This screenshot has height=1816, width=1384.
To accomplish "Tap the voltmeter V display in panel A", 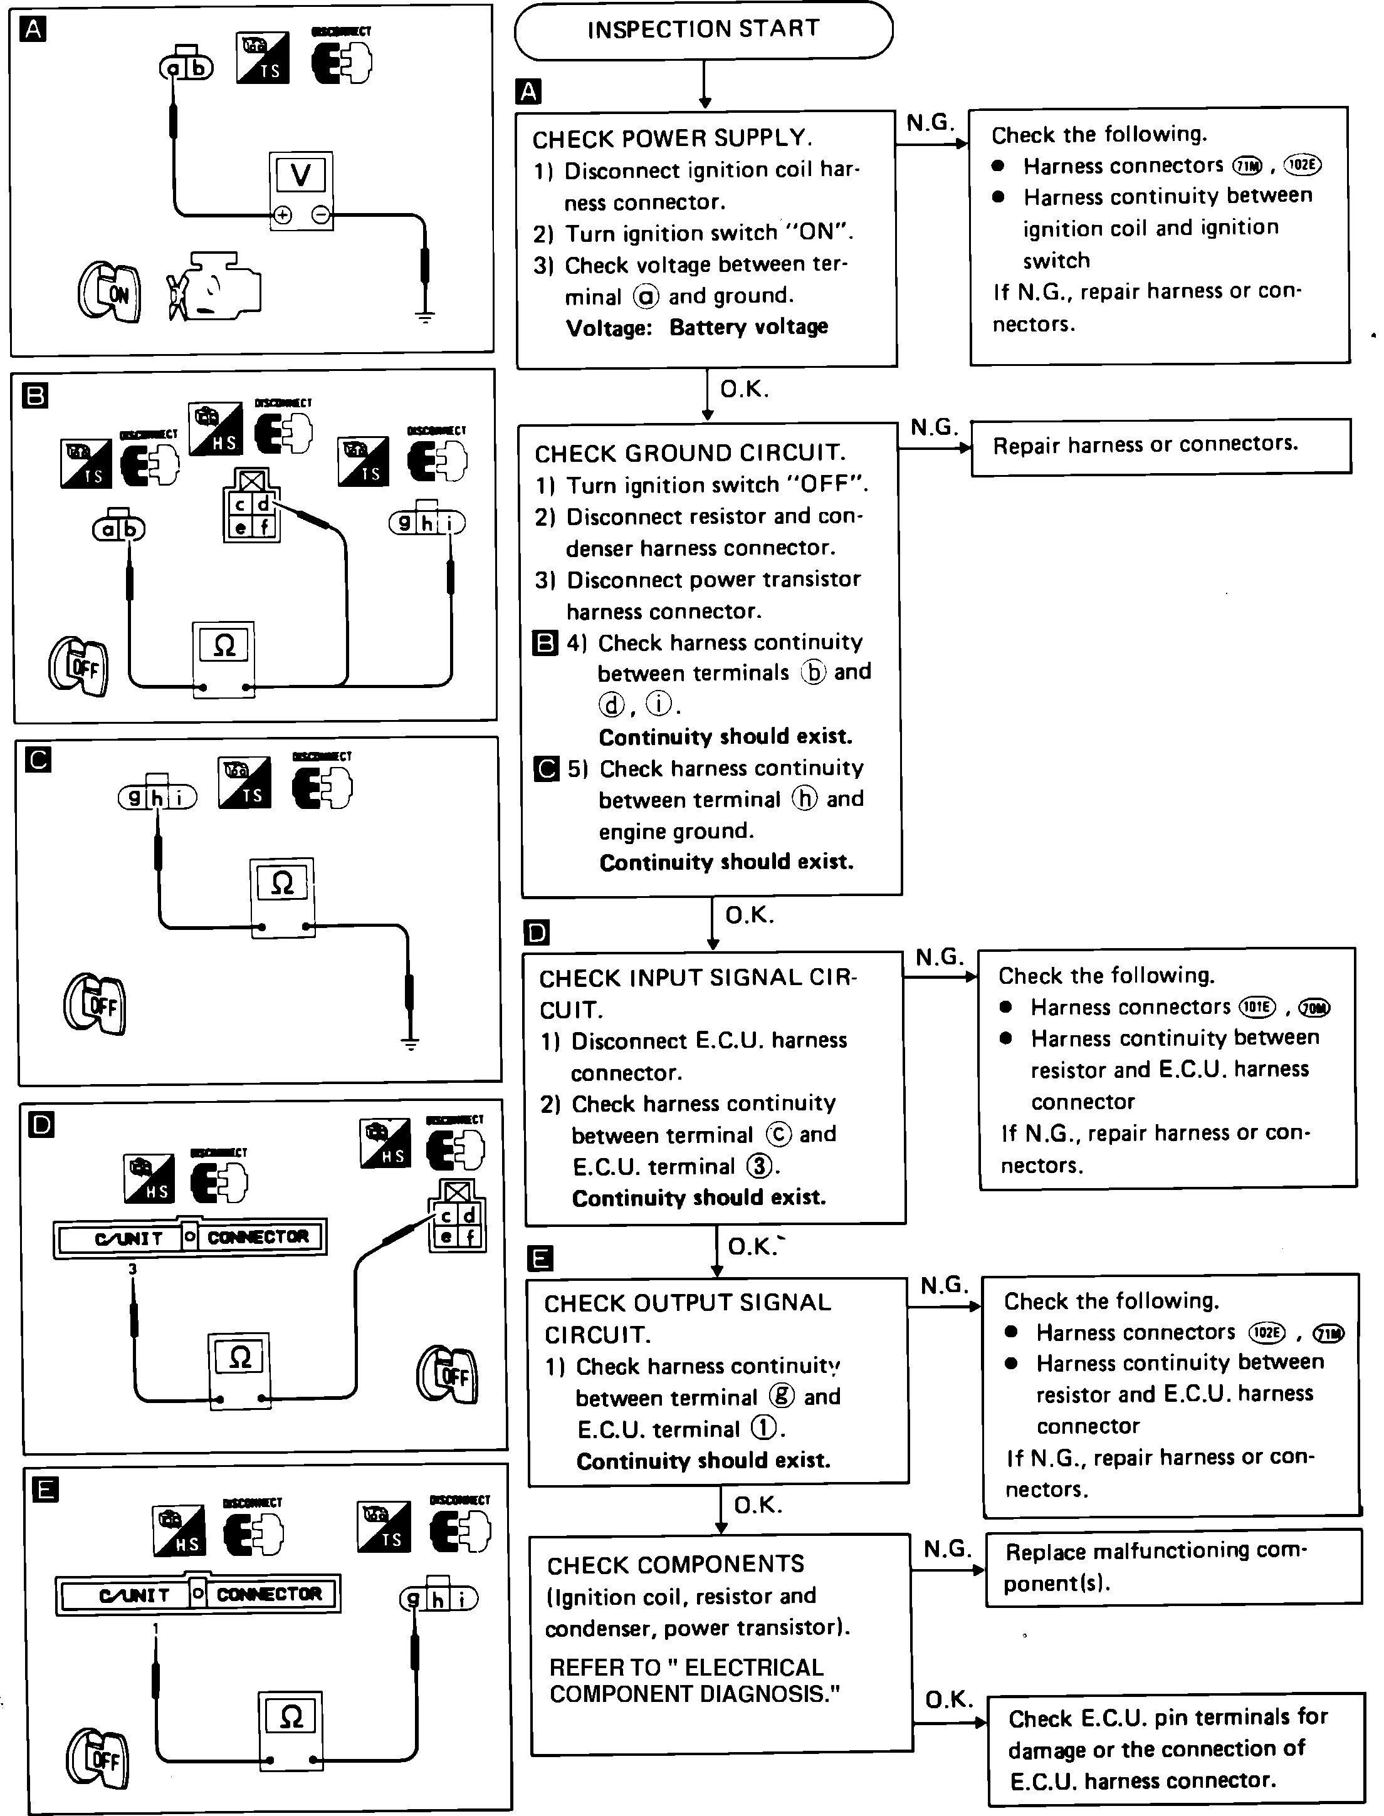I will pos(301,175).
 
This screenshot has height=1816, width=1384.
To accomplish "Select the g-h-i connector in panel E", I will pos(438,1599).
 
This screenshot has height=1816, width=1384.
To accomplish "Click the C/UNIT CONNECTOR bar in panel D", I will pos(191,1237).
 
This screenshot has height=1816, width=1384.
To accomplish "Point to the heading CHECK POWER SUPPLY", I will pos(671,138).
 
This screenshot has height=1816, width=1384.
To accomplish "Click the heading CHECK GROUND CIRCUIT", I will pos(690,453).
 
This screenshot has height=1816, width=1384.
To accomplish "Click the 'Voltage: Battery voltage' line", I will pos(697,328).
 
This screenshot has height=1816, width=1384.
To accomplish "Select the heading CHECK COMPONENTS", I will pos(676,1564).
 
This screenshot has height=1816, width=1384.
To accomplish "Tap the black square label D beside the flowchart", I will pos(537,932).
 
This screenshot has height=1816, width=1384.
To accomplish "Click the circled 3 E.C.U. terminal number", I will pos(758,1166).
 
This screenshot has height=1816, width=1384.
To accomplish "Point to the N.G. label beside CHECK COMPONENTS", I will pos(947,1548).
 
